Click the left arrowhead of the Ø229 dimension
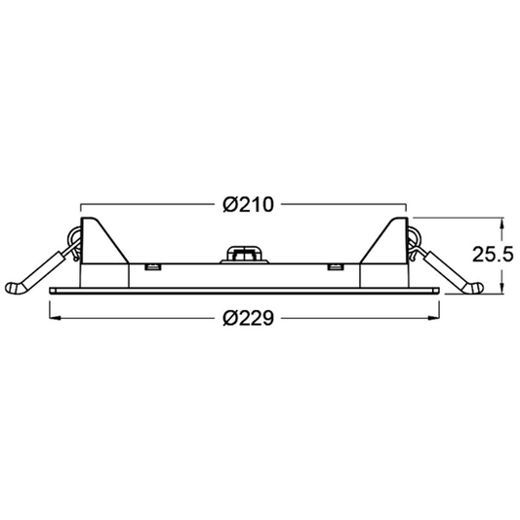pyautogui.click(x=54, y=318)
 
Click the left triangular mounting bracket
pyautogui.click(x=102, y=244)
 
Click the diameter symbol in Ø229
pyautogui.click(x=227, y=318)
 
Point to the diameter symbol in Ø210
pyautogui.click(x=227, y=204)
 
